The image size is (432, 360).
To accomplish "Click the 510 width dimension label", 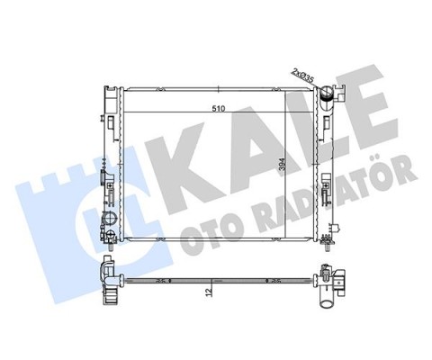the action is (x=219, y=108).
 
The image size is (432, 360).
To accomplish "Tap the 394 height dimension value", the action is (x=282, y=164).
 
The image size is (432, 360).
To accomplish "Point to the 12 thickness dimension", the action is (x=210, y=291).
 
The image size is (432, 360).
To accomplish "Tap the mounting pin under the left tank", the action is (x=111, y=247).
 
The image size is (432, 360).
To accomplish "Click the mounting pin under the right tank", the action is (x=327, y=247).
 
